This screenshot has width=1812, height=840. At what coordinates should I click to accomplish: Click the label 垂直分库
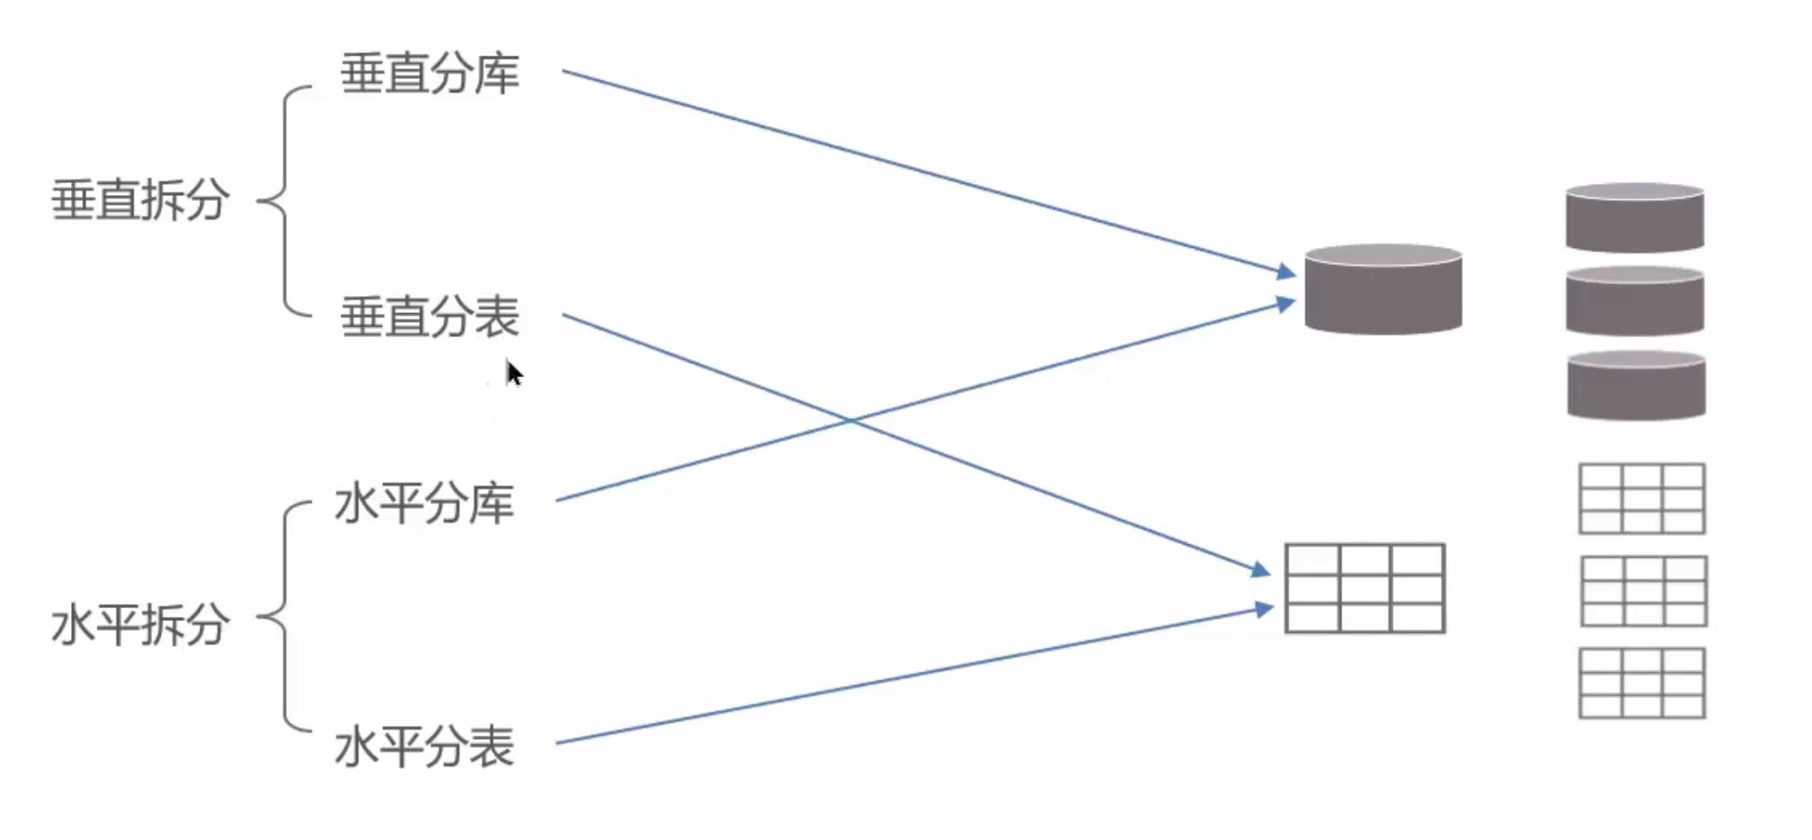[429, 74]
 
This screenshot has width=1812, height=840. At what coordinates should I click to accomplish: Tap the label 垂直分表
[429, 316]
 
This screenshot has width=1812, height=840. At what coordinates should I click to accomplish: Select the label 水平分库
[424, 503]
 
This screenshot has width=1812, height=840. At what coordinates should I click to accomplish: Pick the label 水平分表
[424, 746]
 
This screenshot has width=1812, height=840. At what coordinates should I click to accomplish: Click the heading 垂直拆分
[140, 200]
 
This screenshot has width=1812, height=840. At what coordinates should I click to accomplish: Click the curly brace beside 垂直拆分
[284, 201]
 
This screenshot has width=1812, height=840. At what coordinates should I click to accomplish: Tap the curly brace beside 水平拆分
[284, 617]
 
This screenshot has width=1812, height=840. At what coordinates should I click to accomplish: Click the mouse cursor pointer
[513, 374]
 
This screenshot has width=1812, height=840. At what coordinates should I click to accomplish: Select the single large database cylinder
[1383, 288]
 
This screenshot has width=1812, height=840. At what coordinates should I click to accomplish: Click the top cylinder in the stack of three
[1635, 217]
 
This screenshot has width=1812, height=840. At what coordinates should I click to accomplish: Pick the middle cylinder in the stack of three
[1635, 300]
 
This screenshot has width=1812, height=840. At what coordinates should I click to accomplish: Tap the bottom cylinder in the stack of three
[1636, 385]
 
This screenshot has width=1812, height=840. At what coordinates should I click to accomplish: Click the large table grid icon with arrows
[1365, 589]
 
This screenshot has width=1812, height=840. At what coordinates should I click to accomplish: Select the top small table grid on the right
[1642, 499]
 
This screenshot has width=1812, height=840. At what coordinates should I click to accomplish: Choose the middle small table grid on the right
[1643, 591]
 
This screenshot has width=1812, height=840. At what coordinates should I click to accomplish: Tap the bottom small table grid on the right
[1642, 683]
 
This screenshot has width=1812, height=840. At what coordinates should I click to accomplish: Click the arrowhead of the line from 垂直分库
[1287, 272]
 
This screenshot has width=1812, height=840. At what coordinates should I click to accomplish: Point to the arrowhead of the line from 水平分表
[1264, 609]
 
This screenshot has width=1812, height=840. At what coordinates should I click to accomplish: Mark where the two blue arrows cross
[850, 421]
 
